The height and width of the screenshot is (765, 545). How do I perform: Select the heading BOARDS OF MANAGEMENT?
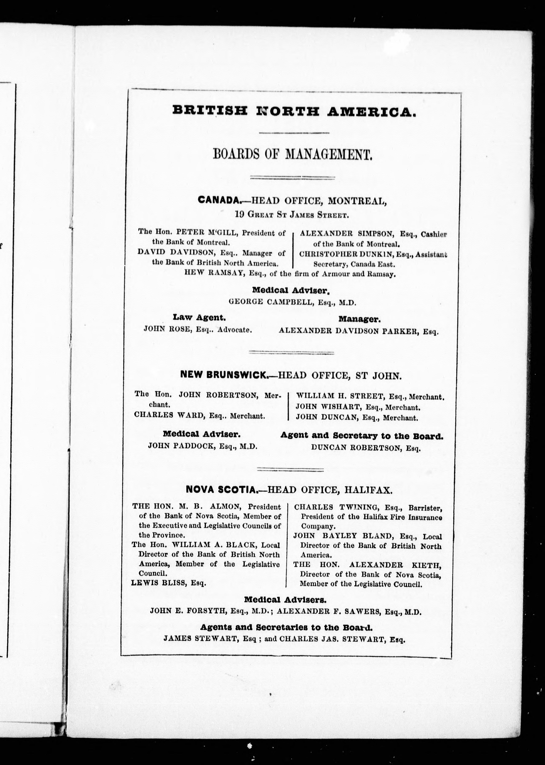[x=292, y=155]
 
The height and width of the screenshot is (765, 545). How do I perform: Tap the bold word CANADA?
[x=219, y=200]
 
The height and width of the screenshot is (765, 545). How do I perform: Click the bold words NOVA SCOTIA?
[x=221, y=490]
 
